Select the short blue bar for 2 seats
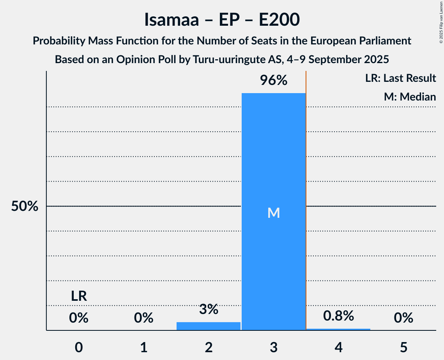tap(209, 326)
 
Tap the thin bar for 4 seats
tap(338, 329)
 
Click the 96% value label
tap(274, 81)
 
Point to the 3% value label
tap(209, 309)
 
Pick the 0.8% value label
tap(338, 316)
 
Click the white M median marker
tap(274, 213)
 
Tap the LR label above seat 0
tap(79, 296)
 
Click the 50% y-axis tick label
tap(25, 206)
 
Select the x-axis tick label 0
tap(79, 347)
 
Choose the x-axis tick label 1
tap(144, 347)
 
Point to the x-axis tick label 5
tap(403, 347)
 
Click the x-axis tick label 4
tap(338, 347)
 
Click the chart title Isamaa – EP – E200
tap(222, 20)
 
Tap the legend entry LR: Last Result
tap(401, 78)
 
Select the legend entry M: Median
tap(410, 97)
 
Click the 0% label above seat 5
tap(403, 318)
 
